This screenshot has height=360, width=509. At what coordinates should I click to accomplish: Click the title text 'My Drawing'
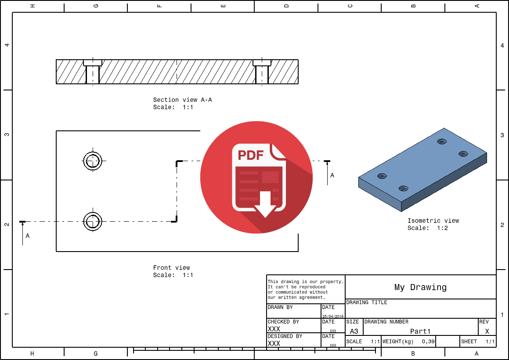420,288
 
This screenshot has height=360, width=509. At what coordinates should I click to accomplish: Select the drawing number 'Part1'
420,331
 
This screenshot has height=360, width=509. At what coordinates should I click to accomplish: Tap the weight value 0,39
428,342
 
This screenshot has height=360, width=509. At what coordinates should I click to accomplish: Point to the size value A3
354,331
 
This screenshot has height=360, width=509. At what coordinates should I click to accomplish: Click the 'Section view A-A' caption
182,100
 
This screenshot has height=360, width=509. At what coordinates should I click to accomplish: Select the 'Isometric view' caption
433,221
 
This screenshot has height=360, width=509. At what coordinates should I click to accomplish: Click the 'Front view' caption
171,268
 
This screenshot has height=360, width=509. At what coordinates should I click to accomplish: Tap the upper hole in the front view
92,161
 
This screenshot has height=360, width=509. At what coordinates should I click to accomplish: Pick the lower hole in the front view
92,221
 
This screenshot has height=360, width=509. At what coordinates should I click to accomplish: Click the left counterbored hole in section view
93,72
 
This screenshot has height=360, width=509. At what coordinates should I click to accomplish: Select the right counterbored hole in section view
262,72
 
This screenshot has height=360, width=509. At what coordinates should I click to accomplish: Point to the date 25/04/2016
333,316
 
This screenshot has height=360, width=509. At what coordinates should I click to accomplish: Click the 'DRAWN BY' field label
280,308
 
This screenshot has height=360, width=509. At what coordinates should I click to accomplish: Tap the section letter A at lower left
27,236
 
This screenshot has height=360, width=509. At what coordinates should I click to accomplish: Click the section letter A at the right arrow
332,175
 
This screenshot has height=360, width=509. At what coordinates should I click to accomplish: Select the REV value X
487,331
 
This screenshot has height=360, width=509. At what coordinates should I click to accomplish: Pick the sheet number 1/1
490,342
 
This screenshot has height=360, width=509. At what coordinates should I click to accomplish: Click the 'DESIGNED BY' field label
285,336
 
